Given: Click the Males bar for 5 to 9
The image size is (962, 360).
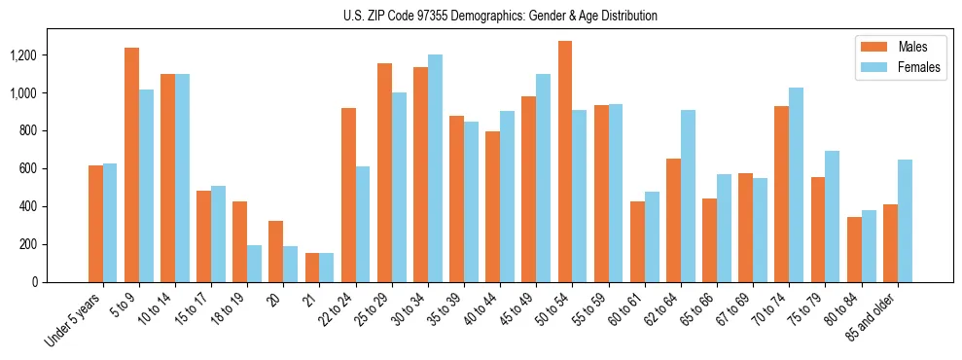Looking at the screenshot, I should click(x=132, y=164).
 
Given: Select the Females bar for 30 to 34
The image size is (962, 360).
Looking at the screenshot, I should click(x=435, y=168).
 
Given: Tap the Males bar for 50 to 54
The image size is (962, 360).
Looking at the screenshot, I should click(x=565, y=162).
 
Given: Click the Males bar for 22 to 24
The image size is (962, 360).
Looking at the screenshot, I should click(x=348, y=195).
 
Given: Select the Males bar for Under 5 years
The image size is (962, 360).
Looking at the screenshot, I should click(x=95, y=224).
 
